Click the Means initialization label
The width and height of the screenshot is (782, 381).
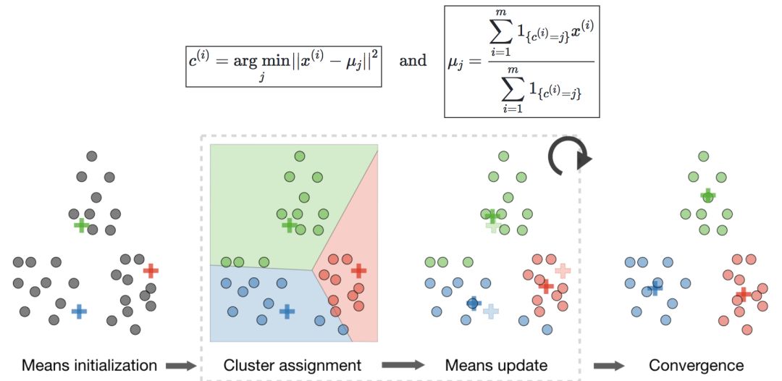(88, 365)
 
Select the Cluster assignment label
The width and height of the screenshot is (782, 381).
(293, 365)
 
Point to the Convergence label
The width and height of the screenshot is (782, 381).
(696, 365)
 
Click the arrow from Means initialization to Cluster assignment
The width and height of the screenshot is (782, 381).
(180, 366)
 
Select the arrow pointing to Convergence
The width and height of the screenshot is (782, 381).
(610, 366)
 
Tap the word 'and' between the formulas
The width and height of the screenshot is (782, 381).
(413, 61)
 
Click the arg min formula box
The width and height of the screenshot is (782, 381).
(283, 66)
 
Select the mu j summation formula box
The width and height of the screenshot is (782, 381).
(521, 62)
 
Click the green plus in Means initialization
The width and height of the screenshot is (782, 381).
(81, 225)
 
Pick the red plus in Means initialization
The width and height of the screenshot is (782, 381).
(151, 271)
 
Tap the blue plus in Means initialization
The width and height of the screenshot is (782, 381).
(79, 311)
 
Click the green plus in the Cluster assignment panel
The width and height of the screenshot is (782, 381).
(290, 225)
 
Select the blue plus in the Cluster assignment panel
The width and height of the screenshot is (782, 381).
(287, 311)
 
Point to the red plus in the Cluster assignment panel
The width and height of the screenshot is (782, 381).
(358, 270)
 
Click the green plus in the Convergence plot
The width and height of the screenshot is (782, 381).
(707, 195)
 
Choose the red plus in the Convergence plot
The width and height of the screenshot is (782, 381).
(742, 295)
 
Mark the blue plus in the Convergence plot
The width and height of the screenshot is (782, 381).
(655, 288)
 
